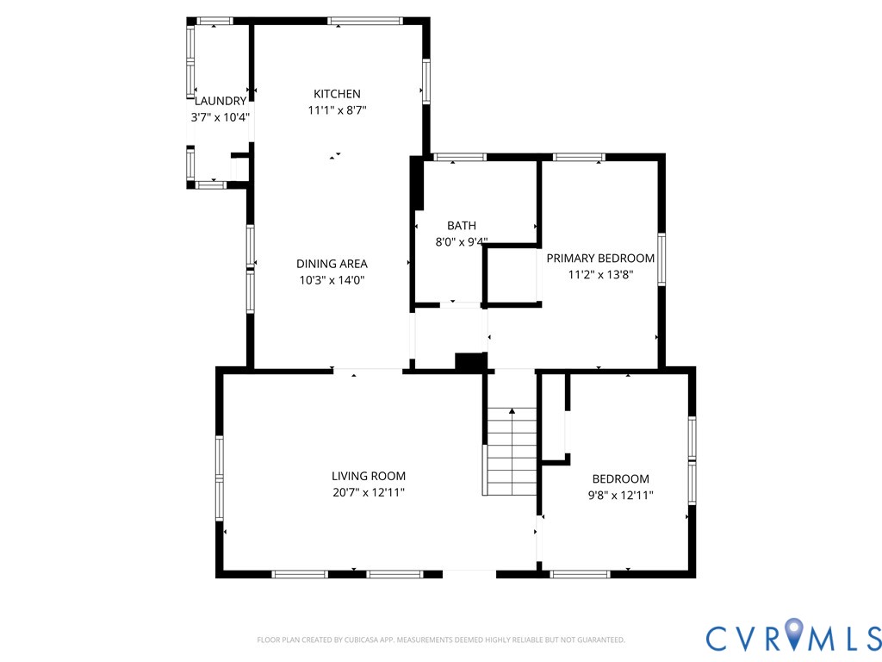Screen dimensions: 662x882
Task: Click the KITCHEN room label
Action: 337,94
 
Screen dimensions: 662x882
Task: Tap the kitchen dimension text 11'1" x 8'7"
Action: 337,110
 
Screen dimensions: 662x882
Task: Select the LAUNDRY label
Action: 220,101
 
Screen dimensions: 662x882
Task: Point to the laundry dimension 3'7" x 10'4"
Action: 220,116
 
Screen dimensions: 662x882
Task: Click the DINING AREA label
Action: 332,264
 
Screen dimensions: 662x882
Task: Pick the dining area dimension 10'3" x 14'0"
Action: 332,280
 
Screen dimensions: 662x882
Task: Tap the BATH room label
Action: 461,226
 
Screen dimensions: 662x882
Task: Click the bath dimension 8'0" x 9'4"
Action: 461,242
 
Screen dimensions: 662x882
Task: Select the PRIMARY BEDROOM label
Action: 600,258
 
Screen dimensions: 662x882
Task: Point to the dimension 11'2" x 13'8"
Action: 600,274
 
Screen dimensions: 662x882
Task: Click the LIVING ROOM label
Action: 369,476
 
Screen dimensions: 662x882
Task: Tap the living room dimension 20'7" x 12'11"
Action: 369,492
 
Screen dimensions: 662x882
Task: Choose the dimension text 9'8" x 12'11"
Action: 620,495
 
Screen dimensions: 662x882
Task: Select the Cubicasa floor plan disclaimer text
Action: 440,640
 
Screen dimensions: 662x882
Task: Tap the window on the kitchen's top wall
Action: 364,21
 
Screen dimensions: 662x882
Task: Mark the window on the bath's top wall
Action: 459,157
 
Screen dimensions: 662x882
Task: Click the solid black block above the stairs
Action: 470,363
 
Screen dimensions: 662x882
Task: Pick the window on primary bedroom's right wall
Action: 661,259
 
